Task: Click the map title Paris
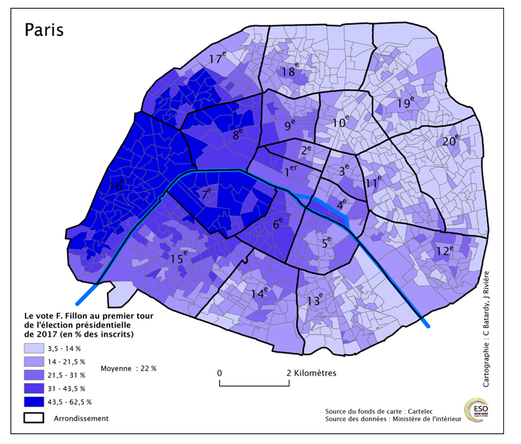[x=44, y=30]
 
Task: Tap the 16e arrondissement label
[x=117, y=186]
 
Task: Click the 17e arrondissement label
[x=219, y=59]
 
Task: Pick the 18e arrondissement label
[x=290, y=71]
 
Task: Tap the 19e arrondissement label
[x=406, y=103]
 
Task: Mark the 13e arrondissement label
[x=315, y=300]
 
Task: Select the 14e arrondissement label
[x=259, y=293]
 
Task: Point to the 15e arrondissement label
[x=178, y=259]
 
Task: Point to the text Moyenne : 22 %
[x=129, y=368]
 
